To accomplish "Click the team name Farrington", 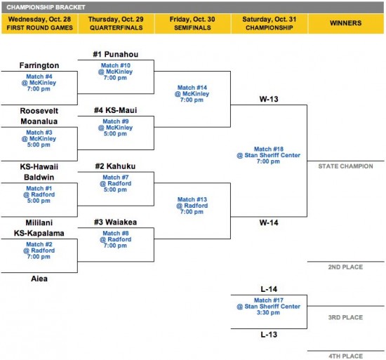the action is pos(39,65).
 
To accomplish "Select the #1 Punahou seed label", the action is pos(116,54).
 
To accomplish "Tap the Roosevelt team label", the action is pos(39,111).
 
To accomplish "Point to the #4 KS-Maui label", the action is pos(116,110).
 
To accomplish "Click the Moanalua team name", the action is pos(39,121).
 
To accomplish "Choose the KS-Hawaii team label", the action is pos(39,166).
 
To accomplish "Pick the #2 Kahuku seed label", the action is pos(116,166).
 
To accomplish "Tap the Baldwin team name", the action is pos(39,177).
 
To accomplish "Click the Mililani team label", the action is pos(39,222).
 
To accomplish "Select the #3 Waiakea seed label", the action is pos(116,222).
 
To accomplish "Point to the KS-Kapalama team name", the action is pos(39,233).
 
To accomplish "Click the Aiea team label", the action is pos(39,279).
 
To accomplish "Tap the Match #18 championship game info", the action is pos(269,155).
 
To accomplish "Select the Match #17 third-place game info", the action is pos(269,307).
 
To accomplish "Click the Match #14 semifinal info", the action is pos(192,94).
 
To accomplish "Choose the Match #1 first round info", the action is pos(39,194).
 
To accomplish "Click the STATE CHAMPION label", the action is pos(345,166).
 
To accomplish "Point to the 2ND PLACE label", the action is pos(345,267).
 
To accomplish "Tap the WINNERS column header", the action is pos(345,23).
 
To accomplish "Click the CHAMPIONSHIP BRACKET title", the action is pos(46,7).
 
